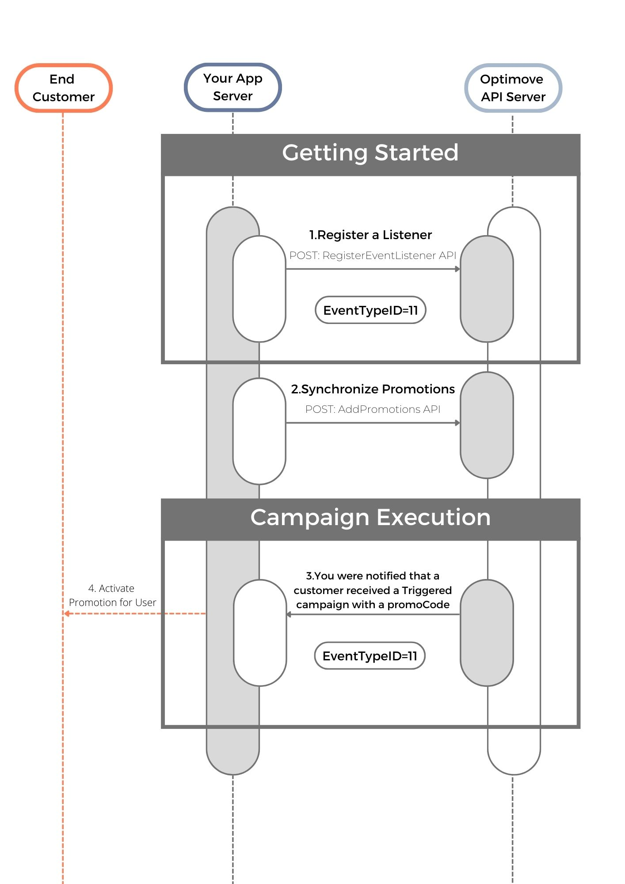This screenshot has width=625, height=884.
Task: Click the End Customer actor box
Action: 64,88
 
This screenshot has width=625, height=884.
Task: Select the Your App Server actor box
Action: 233,87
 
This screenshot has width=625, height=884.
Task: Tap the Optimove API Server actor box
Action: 513,88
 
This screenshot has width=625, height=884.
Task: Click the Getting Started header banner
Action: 370,153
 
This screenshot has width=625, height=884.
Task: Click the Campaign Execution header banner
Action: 370,518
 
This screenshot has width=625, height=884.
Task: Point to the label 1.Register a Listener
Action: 370,235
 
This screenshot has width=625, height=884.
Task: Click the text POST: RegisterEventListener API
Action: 373,255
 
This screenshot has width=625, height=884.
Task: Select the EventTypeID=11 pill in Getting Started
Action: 370,310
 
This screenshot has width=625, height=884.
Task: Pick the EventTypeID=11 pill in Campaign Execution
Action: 370,656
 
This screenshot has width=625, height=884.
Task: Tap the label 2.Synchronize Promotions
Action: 373,389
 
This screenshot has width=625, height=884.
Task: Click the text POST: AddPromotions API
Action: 373,409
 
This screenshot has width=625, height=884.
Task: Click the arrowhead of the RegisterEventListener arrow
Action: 457,269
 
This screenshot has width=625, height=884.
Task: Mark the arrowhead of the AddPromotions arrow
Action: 457,423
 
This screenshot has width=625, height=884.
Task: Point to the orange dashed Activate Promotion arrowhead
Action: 67,613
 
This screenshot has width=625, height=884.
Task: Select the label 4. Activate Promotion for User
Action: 112,595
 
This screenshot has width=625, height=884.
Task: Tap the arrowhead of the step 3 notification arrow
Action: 289,614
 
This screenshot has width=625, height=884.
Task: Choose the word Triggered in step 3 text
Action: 427,591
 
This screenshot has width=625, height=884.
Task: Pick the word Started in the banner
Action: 416,153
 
